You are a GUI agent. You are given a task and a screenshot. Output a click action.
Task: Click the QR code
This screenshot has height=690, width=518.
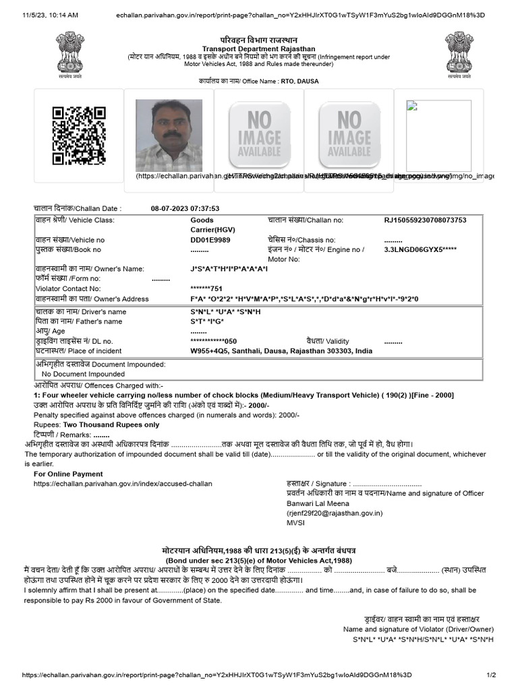coord(79,135)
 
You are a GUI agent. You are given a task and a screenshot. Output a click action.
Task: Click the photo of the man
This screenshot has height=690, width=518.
coord(169,135)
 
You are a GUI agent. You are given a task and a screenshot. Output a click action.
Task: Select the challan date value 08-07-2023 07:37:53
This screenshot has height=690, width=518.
coord(185,208)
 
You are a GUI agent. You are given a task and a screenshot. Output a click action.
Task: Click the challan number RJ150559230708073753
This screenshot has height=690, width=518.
coord(425,220)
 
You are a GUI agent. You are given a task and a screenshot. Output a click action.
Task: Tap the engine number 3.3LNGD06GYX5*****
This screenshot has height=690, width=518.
coord(420,249)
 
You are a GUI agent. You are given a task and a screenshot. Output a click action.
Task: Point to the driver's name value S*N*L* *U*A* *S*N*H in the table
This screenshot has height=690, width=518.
coord(225,312)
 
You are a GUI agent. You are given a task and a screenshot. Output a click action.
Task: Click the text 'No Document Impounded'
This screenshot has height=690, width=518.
coord(83,373)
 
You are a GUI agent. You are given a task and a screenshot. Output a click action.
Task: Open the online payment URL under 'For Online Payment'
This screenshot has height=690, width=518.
coord(122,483)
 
